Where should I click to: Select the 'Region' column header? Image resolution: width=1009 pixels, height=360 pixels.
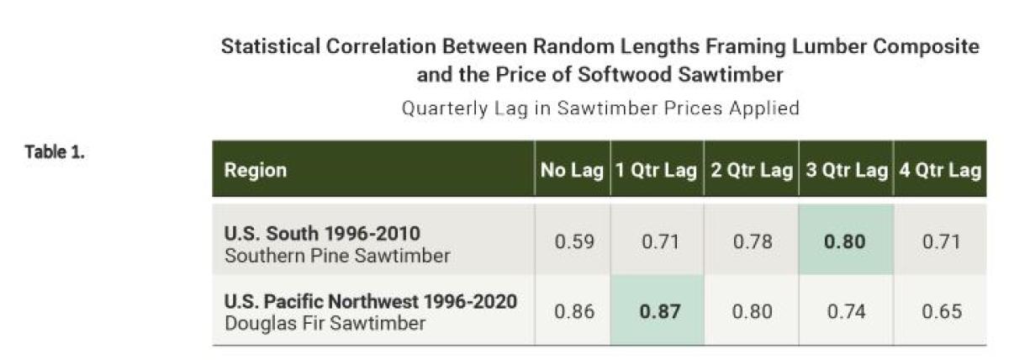click(x=255, y=170)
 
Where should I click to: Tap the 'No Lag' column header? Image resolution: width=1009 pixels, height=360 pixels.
click(x=572, y=170)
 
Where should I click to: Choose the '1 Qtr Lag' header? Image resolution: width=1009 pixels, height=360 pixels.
click(x=657, y=170)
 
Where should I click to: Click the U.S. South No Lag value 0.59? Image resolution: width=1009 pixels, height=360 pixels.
click(x=574, y=242)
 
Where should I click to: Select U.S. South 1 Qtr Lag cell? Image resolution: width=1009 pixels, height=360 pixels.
click(x=657, y=242)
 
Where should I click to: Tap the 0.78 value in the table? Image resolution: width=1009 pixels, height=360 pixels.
click(x=751, y=242)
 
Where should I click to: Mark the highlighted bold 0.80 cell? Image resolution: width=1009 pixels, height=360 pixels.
click(x=844, y=242)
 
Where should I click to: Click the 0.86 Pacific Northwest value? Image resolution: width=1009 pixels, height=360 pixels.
click(x=574, y=310)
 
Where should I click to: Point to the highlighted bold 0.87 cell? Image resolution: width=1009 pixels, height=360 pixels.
click(x=657, y=310)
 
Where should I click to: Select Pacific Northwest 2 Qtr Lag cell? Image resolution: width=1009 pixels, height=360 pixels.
click(x=751, y=310)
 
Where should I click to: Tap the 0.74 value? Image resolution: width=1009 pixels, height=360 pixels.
click(x=844, y=310)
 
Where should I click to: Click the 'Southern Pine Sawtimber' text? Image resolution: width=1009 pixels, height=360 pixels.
click(x=336, y=255)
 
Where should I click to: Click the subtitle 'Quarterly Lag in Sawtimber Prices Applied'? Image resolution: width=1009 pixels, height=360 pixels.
click(x=600, y=109)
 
